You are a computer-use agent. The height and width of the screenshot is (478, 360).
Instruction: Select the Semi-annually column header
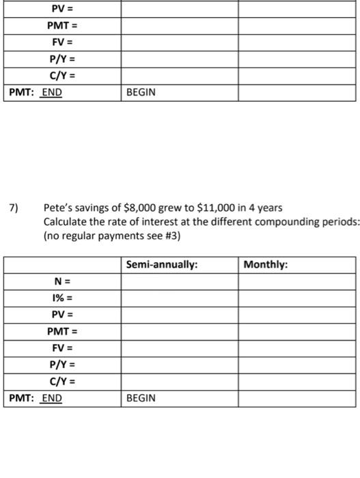click(163, 265)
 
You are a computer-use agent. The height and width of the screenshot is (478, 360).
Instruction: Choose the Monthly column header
click(266, 265)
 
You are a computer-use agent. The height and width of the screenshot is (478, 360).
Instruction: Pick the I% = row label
click(62, 298)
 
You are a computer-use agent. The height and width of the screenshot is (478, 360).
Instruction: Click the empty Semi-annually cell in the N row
click(180, 281)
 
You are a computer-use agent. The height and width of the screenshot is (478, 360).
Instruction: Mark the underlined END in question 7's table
click(51, 398)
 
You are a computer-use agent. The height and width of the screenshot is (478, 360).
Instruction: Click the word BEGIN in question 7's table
click(141, 398)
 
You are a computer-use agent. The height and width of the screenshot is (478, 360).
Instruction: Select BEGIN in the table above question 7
click(141, 92)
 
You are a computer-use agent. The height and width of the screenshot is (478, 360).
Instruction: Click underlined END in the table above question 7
click(51, 92)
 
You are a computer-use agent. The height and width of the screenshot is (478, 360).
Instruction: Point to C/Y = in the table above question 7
click(62, 76)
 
